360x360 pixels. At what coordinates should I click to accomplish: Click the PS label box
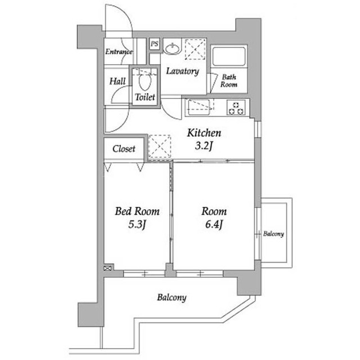pos(155,44)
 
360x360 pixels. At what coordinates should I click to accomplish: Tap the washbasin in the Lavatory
pos(173,48)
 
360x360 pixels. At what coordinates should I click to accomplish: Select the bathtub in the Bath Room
pos(229,56)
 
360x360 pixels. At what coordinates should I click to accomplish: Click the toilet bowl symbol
pos(145,82)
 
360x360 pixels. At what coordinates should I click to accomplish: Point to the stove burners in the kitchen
pos(236,107)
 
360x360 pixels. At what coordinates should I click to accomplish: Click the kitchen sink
pos(199,107)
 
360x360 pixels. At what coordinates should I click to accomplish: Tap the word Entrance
pos(119,51)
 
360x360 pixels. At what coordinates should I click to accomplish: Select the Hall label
pos(118,81)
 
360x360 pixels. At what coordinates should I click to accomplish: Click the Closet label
pos(124,148)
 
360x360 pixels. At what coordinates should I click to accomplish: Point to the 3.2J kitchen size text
pos(204,146)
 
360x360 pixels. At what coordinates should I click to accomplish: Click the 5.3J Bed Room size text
pos(137,224)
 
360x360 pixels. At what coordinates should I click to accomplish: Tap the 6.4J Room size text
pos(214,224)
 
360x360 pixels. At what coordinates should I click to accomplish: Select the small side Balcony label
pos(273,234)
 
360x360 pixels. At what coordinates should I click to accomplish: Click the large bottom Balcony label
pos(172,298)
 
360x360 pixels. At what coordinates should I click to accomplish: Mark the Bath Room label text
pos(229,80)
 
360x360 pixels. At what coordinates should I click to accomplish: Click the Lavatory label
pos(182,71)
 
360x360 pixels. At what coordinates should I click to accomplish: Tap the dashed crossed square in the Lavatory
pos(195,49)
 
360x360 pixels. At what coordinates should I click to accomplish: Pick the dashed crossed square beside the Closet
pos(160,146)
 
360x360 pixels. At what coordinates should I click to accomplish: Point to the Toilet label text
pos(145,97)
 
